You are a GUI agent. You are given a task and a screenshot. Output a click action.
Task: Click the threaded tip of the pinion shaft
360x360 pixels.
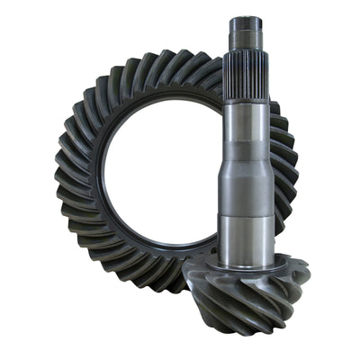point(246,34)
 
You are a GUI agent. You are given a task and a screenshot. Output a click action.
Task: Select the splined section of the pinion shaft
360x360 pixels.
point(246,76)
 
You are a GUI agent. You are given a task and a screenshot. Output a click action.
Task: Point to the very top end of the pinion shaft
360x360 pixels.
point(246,18)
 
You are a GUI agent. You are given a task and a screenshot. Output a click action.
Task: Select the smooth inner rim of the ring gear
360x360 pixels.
point(103,180)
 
